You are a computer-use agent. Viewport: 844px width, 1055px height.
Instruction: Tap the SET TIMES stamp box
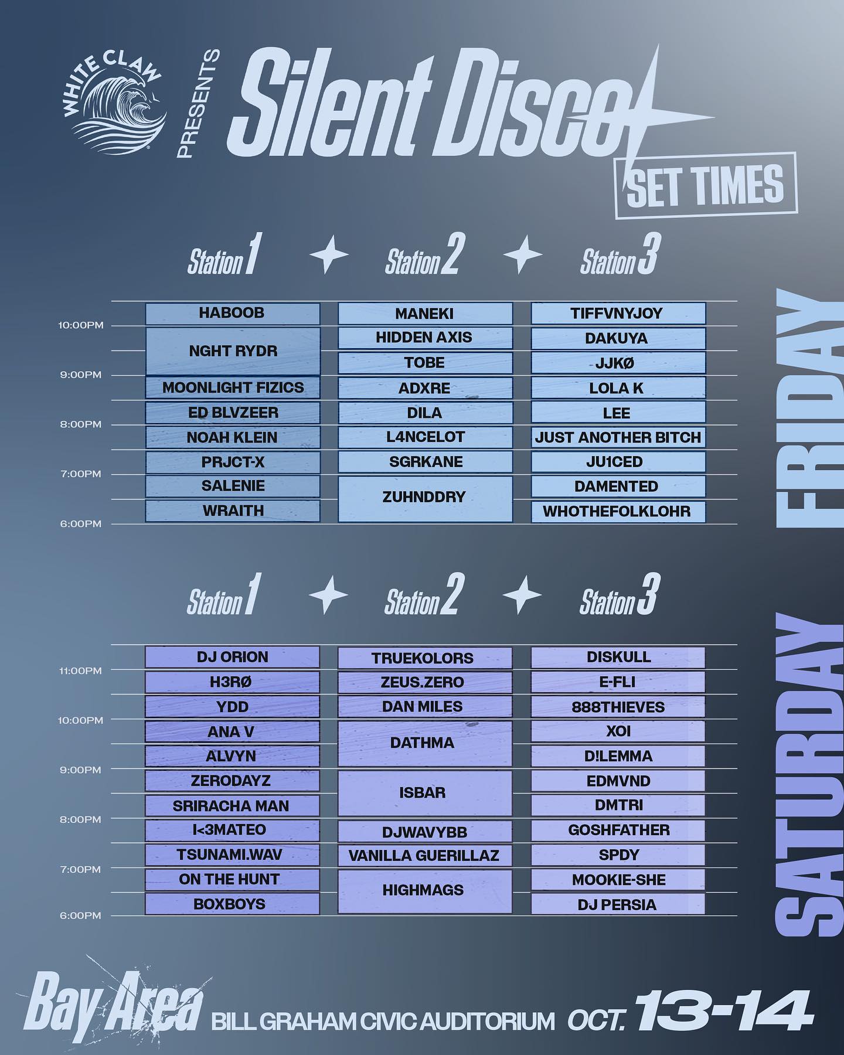coord(705,185)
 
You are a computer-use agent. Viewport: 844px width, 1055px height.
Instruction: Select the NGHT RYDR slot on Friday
coord(233,350)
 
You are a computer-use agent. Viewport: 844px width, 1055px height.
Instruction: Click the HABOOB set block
coord(233,313)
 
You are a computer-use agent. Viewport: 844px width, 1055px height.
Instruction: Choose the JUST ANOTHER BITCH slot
coord(618,437)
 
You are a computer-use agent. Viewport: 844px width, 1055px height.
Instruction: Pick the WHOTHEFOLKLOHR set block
coord(618,511)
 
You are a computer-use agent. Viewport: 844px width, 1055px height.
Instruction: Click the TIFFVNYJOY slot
coord(618,313)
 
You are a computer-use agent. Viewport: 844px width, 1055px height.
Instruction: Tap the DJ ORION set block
coord(232,657)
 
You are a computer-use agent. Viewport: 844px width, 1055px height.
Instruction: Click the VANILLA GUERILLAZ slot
coord(425,855)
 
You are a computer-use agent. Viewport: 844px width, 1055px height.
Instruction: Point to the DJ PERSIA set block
coord(618,904)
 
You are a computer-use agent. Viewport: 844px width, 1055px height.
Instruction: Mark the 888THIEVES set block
coord(618,707)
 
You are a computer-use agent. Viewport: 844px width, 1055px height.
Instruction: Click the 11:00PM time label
coord(81,671)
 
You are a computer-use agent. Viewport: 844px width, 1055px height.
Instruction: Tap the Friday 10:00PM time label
coord(81,325)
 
